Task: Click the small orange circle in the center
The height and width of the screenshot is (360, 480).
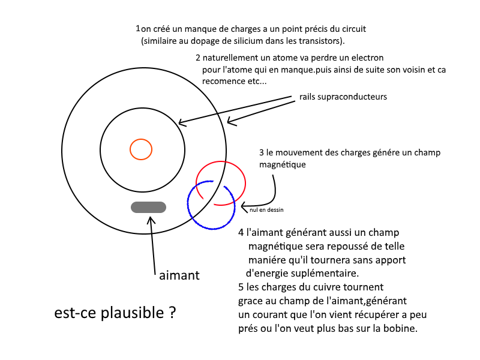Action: tap(141, 149)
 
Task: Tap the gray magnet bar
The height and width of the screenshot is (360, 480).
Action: tap(148, 207)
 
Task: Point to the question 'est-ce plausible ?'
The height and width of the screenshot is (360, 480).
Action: tap(115, 313)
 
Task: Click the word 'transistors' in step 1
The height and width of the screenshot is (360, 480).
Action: tap(323, 41)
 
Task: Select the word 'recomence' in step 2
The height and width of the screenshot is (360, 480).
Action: tap(224, 81)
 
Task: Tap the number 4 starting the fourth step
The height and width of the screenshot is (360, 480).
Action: tap(241, 232)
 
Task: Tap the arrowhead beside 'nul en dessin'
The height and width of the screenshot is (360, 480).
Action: tap(244, 207)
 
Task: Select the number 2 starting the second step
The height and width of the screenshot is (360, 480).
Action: tap(198, 58)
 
